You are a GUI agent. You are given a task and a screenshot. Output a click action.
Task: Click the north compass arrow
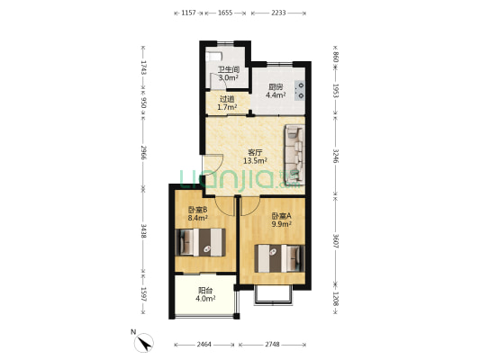point(143,343)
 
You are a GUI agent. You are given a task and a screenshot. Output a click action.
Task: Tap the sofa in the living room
point(294,155)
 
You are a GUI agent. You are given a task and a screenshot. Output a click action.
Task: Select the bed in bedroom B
point(200,242)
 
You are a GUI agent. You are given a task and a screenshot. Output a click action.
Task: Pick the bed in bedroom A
point(279,258)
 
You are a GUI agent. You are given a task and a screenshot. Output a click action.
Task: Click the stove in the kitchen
point(299,90)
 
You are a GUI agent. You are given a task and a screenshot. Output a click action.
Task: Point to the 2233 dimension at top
point(278,13)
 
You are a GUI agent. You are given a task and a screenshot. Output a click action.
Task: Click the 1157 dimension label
point(188,13)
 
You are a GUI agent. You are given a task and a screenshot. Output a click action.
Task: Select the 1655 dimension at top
point(225,13)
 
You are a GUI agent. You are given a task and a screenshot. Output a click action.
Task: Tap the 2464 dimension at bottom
point(204,345)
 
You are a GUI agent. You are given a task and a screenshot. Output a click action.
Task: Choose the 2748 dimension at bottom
point(272,345)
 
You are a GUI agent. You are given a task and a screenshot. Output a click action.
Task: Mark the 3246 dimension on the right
point(336,156)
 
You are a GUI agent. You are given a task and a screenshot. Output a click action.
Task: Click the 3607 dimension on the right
point(336,241)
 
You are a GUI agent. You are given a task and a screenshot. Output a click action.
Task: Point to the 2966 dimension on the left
point(143,152)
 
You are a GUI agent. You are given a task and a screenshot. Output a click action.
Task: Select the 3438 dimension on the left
point(143,231)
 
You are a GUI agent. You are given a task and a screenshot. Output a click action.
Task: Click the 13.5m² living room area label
point(255,160)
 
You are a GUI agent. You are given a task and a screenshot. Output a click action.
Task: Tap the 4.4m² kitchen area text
point(276,95)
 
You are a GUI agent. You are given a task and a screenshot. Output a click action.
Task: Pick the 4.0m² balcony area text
point(205,298)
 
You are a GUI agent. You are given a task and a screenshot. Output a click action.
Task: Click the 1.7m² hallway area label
point(227,107)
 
